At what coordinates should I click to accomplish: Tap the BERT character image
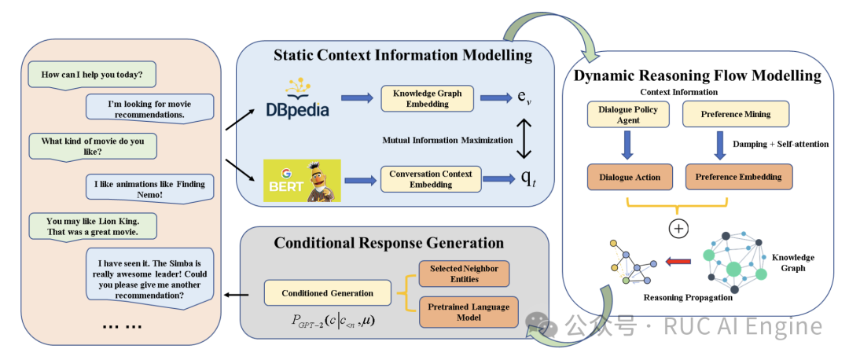(x=302, y=180)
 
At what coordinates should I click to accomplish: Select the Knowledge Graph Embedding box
(x=427, y=98)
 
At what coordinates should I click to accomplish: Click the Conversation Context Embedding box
(x=431, y=179)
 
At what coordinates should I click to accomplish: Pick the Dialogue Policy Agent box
(x=628, y=114)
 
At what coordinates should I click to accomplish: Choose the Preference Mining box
(x=735, y=114)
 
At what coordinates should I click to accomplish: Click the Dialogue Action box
(x=630, y=177)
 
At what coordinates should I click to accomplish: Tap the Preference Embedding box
(x=738, y=177)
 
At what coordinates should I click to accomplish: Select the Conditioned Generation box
(x=328, y=293)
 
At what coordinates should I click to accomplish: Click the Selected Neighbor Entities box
(x=464, y=274)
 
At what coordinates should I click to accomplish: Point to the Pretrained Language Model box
(x=469, y=312)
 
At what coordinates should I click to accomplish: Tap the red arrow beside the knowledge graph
(x=678, y=262)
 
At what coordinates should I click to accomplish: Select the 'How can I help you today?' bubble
(x=92, y=75)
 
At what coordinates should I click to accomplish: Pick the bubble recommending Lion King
(x=93, y=227)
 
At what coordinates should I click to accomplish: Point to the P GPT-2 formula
(x=332, y=321)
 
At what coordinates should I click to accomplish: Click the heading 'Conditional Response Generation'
(x=389, y=242)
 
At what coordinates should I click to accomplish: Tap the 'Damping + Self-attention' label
(x=781, y=144)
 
